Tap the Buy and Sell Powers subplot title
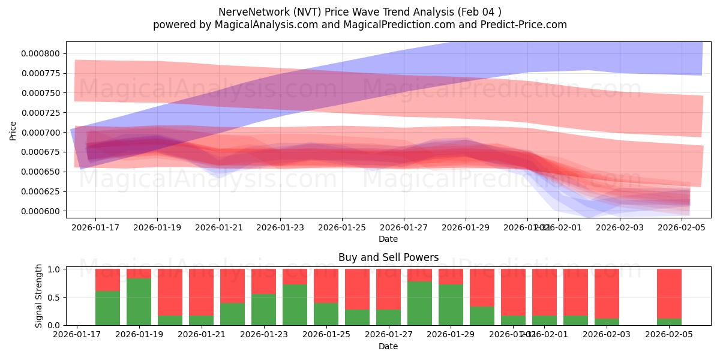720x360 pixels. (388, 257)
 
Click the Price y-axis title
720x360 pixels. (13, 130)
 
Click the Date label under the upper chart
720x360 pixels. (388, 239)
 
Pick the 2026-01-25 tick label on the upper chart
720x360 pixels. (342, 227)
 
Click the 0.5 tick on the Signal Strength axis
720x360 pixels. (53, 297)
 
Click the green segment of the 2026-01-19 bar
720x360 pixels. (139, 302)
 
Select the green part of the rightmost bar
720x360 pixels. (669, 322)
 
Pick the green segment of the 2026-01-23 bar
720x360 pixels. (263, 310)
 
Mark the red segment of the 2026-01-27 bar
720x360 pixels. (388, 289)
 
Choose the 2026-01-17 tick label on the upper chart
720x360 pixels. (95, 227)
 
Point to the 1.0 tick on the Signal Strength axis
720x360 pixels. (53, 269)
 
